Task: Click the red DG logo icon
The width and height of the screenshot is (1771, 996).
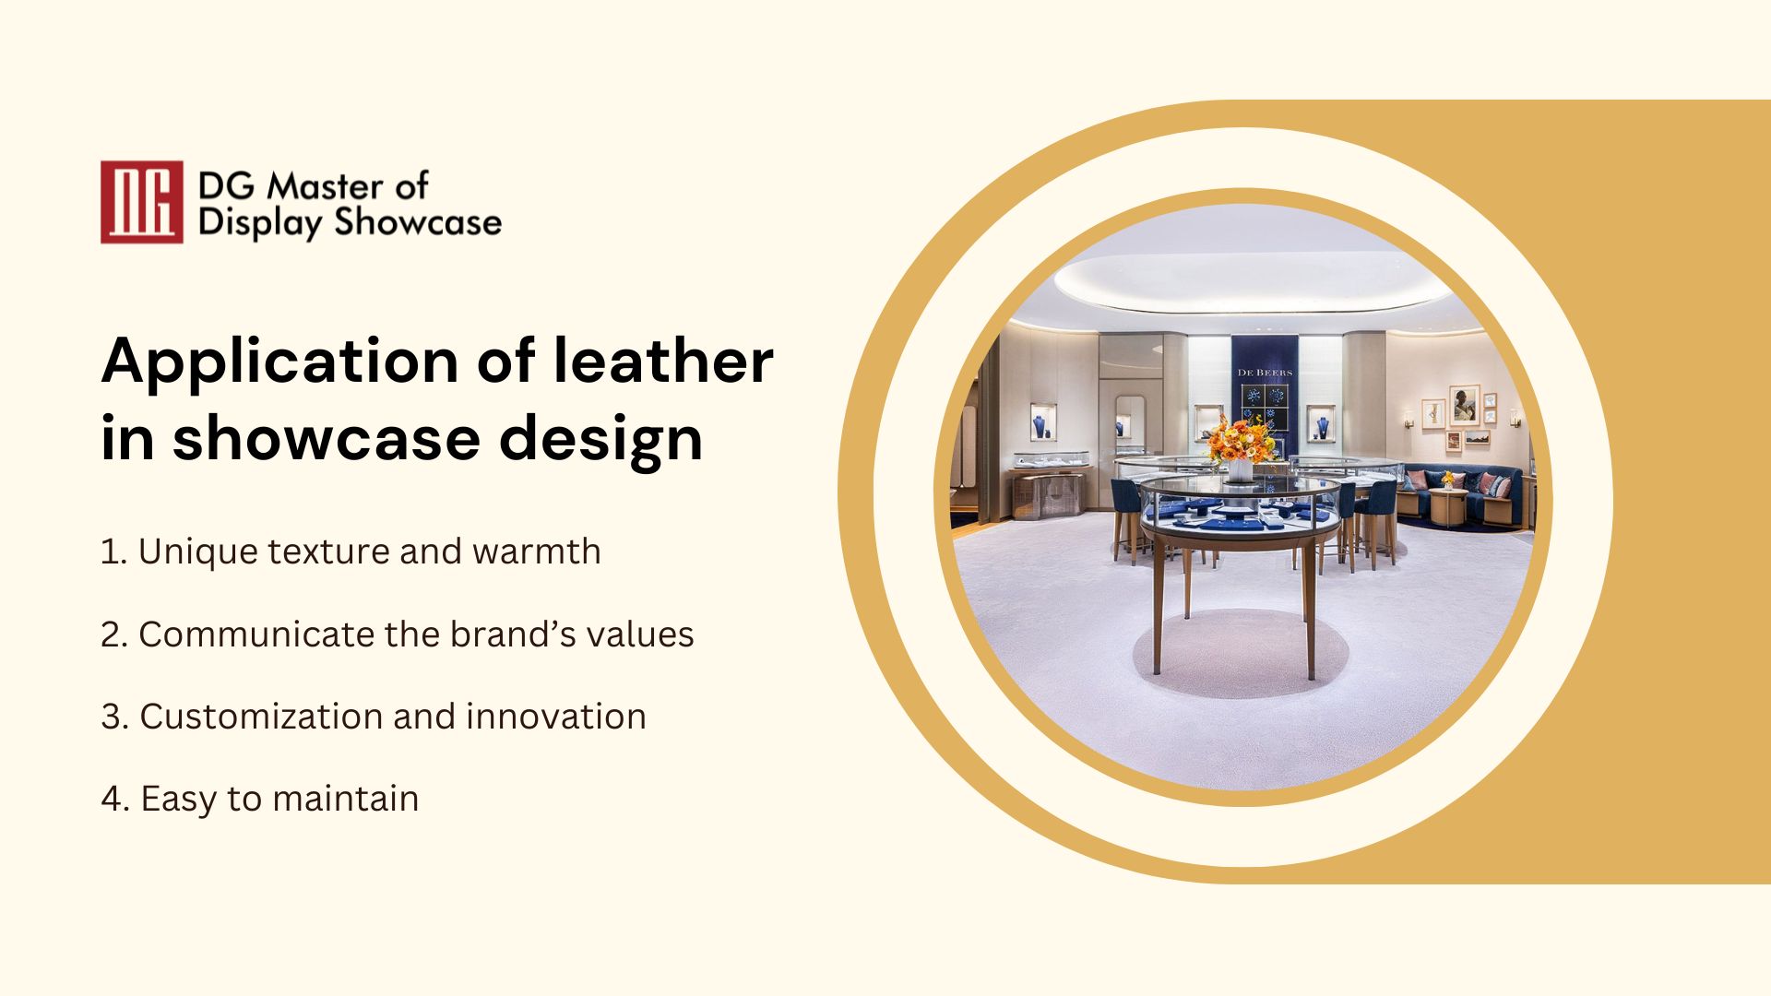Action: (141, 202)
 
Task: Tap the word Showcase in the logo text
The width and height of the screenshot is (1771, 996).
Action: (418, 222)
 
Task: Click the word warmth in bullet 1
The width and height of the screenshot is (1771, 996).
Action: (537, 551)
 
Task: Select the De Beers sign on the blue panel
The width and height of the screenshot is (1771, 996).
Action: (1265, 373)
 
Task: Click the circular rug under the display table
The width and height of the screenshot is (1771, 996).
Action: (1241, 653)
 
